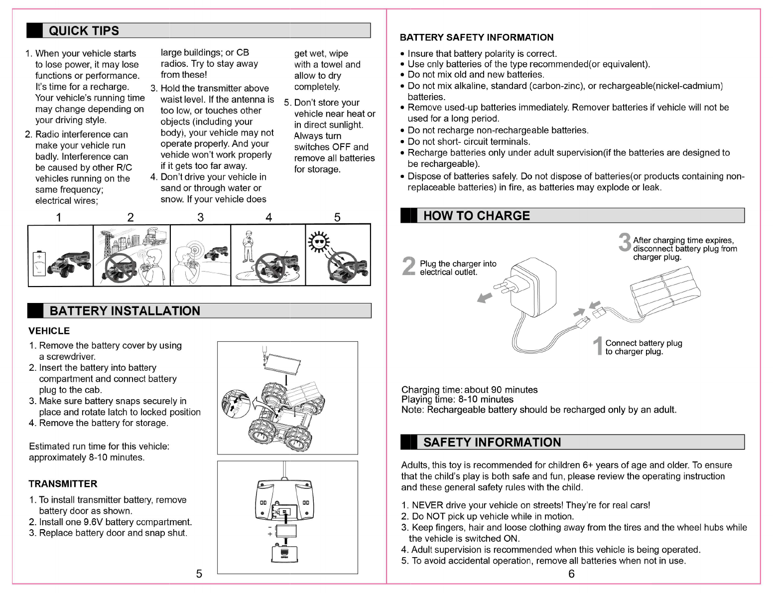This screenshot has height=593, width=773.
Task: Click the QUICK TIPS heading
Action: point(84,31)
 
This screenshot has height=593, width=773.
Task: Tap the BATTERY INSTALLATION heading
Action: point(125,311)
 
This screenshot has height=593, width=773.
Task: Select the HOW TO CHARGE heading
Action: point(476,216)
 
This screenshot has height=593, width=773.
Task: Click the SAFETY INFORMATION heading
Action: point(492,443)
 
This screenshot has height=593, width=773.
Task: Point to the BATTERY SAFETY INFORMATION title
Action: point(477,37)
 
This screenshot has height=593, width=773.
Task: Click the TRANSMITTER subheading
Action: point(63,484)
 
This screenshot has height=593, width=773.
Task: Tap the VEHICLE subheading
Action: point(49,331)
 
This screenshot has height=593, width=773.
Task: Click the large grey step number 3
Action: point(625,243)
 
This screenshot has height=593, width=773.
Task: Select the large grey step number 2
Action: point(408,267)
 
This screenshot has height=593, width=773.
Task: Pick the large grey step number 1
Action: point(598,346)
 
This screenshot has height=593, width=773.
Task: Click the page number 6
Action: point(571,574)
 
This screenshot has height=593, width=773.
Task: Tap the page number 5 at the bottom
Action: point(199,574)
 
